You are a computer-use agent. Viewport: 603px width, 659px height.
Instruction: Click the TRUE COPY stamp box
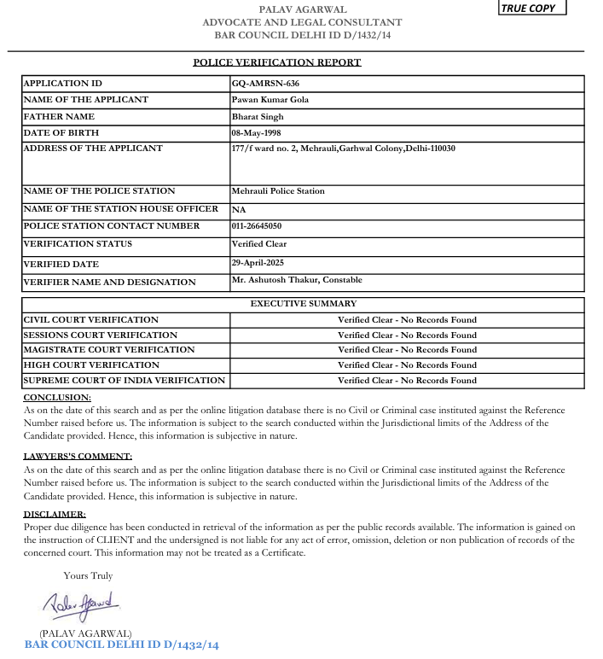click(x=531, y=9)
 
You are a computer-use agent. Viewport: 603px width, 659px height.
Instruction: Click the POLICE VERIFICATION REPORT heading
click(x=277, y=62)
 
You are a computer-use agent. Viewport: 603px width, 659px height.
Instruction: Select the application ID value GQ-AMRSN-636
click(x=265, y=84)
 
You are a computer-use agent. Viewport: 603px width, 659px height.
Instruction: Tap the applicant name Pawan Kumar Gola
click(x=270, y=100)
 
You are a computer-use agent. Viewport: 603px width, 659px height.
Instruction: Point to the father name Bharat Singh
click(x=258, y=116)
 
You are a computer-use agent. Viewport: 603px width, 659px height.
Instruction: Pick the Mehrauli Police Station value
click(x=278, y=191)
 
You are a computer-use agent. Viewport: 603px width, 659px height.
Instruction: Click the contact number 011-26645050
click(x=257, y=226)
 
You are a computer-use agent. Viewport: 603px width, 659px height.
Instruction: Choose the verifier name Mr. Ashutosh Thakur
click(x=297, y=280)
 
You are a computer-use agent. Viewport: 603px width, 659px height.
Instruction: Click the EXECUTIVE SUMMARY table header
click(x=304, y=304)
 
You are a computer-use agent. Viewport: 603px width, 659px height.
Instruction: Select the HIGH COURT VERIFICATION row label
click(x=91, y=365)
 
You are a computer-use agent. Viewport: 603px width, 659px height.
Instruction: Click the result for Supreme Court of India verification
click(x=407, y=381)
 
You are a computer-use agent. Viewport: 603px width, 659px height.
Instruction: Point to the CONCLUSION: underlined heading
click(x=57, y=398)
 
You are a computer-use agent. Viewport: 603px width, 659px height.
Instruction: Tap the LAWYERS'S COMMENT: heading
click(x=78, y=457)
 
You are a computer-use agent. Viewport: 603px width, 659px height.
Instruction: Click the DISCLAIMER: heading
click(x=55, y=515)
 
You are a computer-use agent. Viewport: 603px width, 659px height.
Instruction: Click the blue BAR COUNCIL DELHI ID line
click(x=122, y=644)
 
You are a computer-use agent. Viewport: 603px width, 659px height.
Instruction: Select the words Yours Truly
click(x=88, y=576)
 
